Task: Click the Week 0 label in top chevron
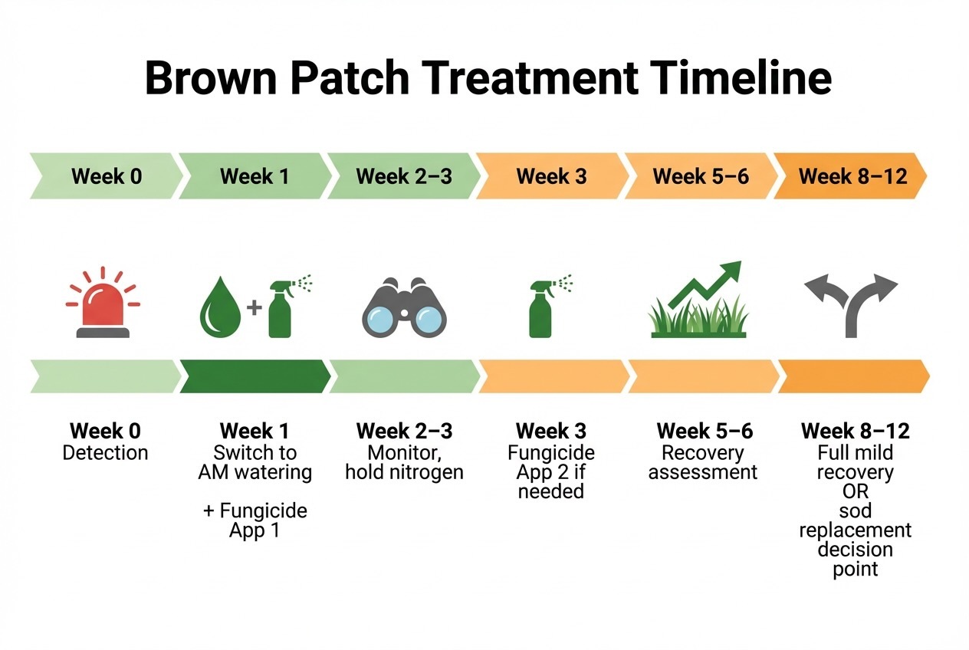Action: point(107,176)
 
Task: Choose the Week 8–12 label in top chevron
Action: point(852,176)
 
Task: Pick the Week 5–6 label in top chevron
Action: point(701,176)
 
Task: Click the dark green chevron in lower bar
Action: point(255,376)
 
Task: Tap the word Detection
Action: point(105,453)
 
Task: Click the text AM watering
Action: point(255,472)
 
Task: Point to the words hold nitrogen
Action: point(404,472)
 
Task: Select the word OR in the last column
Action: point(855,491)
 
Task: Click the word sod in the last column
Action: point(855,510)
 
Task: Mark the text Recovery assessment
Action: point(702,462)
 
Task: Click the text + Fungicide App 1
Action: point(255,520)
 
